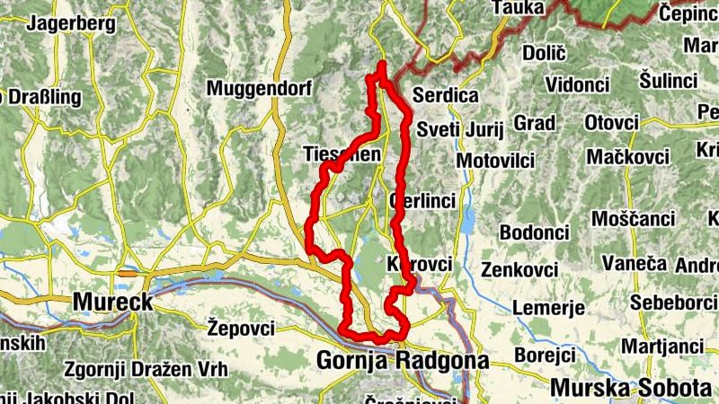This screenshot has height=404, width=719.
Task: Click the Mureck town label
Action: click(112, 302)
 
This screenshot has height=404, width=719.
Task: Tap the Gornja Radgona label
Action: click(403, 361)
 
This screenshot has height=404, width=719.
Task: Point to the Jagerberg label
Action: click(71, 24)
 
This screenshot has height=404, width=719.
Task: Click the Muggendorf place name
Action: click(258, 89)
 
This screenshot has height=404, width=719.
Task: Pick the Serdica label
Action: click(446, 95)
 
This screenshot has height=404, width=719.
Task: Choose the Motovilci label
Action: click(495, 161)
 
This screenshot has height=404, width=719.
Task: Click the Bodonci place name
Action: click(534, 233)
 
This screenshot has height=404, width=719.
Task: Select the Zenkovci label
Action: click(519, 269)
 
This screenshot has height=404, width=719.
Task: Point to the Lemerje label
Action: click(548, 308)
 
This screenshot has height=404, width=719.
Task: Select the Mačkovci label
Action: click(629, 157)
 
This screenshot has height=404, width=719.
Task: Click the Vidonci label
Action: click(577, 83)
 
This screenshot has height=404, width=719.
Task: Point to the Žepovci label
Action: click(241, 328)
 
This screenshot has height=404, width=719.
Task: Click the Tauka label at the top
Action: click(519, 8)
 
